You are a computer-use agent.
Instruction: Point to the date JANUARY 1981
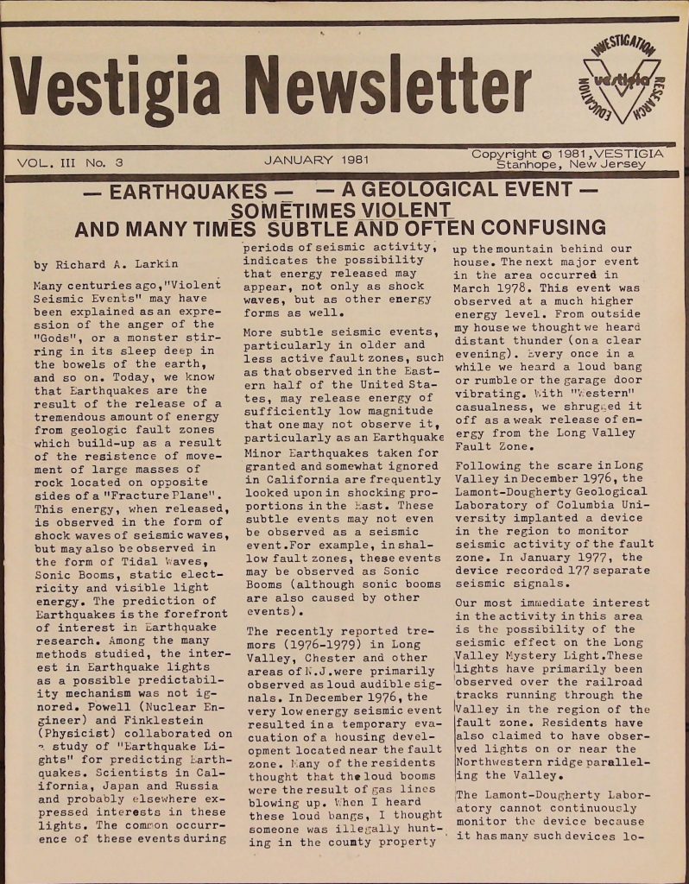[x=317, y=161]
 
